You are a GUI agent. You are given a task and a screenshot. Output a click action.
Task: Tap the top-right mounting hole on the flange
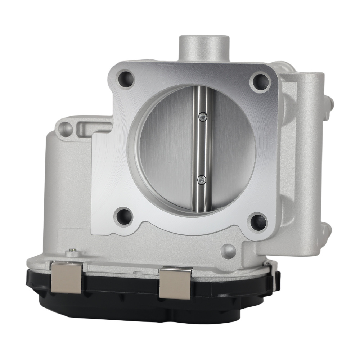pos(260,82)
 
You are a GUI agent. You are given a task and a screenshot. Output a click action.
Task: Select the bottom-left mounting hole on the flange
pos(125,216)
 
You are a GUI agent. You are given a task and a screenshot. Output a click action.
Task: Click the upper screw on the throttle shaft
pos(202,116)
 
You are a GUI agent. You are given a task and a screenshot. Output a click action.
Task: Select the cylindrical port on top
pos(204,49)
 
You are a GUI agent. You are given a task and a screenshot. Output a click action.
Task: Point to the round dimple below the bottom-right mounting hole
pos(228,251)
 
